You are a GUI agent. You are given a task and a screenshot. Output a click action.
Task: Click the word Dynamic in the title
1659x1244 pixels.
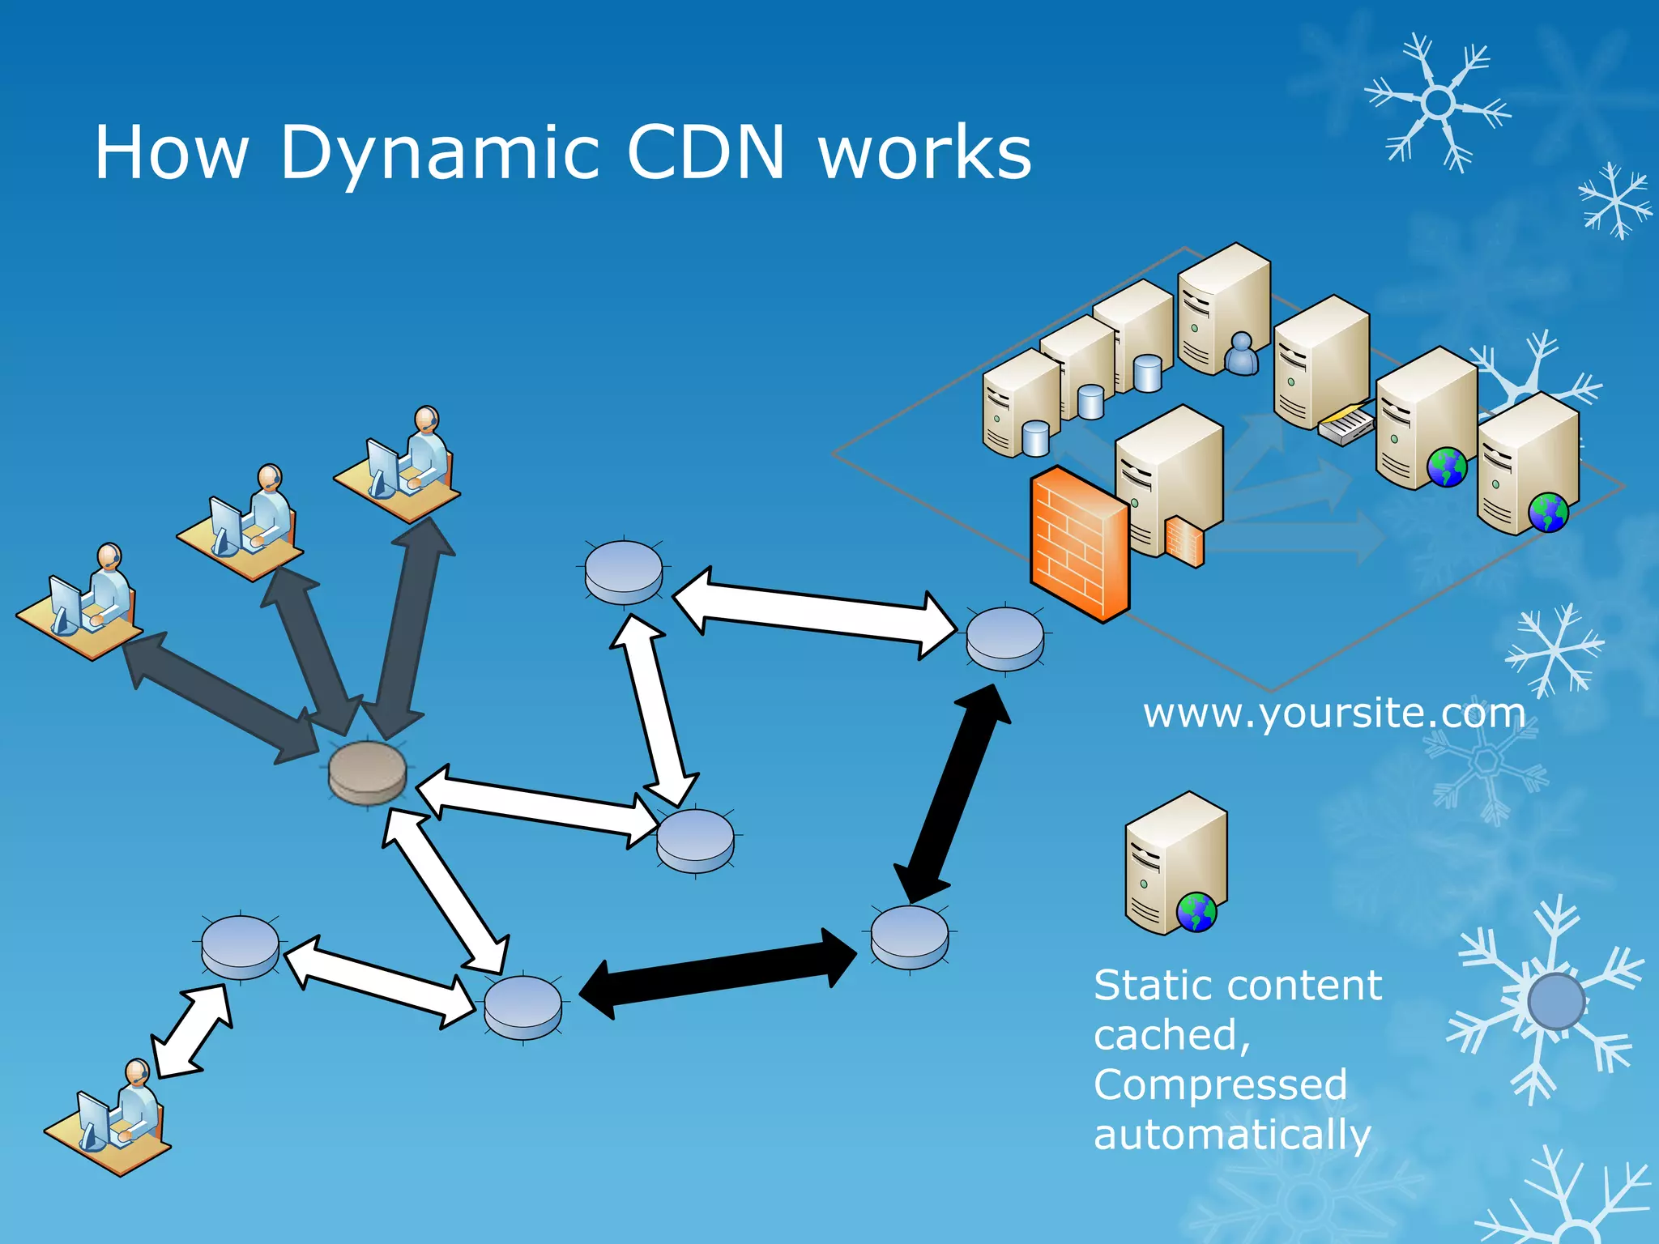pyautogui.click(x=440, y=154)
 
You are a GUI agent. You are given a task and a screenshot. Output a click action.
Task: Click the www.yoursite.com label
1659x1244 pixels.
pyautogui.click(x=1334, y=714)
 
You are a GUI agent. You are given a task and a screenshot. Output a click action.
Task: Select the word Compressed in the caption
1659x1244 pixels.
pyautogui.click(x=1220, y=1084)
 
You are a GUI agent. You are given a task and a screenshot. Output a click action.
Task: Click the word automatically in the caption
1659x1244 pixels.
pyautogui.click(x=1231, y=1134)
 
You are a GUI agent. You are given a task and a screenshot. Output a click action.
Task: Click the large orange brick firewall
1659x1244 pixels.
pyautogui.click(x=1079, y=543)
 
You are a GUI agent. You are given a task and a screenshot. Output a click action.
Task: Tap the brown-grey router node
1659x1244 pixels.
pyautogui.click(x=367, y=773)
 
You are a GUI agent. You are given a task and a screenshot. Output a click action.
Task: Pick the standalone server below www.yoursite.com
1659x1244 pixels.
pyautogui.click(x=1175, y=864)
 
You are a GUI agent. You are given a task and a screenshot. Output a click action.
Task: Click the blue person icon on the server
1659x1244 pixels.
pyautogui.click(x=1241, y=354)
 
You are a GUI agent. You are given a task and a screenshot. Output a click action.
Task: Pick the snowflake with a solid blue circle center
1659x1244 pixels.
pyautogui.click(x=1555, y=1002)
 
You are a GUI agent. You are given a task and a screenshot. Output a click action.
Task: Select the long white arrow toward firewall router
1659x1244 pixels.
pyautogui.click(x=814, y=613)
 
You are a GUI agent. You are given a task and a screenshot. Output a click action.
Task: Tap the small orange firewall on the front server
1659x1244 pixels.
pyautogui.click(x=1184, y=540)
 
